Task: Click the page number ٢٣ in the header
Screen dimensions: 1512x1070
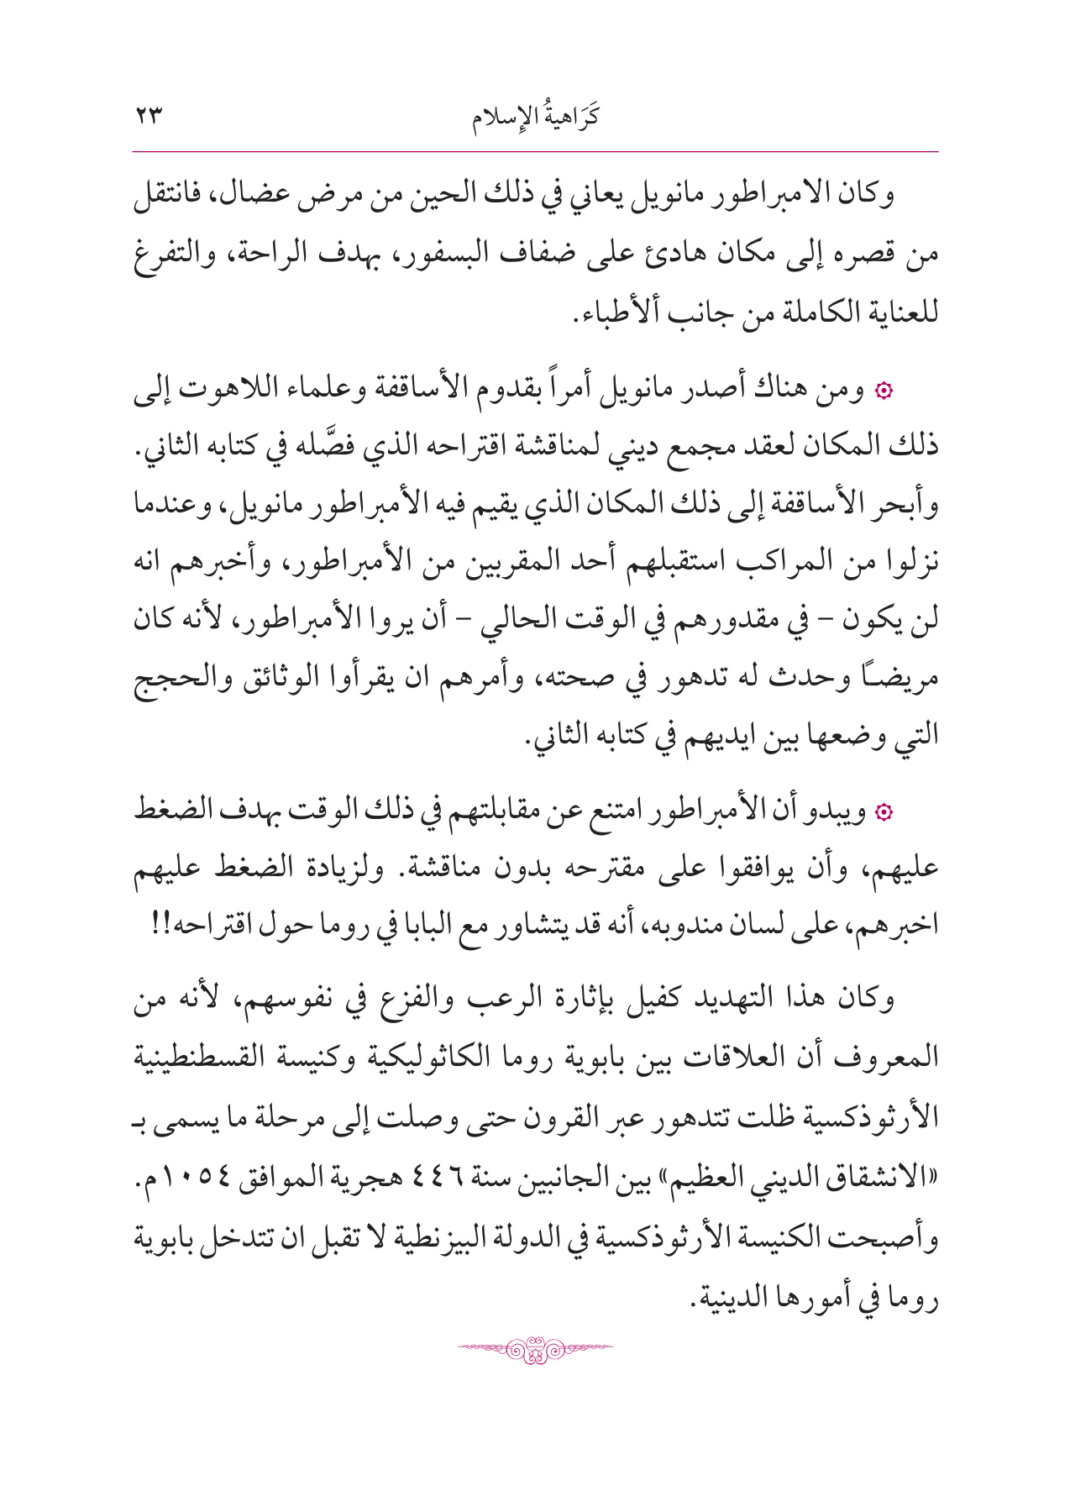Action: click(x=149, y=117)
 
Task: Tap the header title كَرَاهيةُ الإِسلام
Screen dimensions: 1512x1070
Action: click(x=535, y=117)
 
